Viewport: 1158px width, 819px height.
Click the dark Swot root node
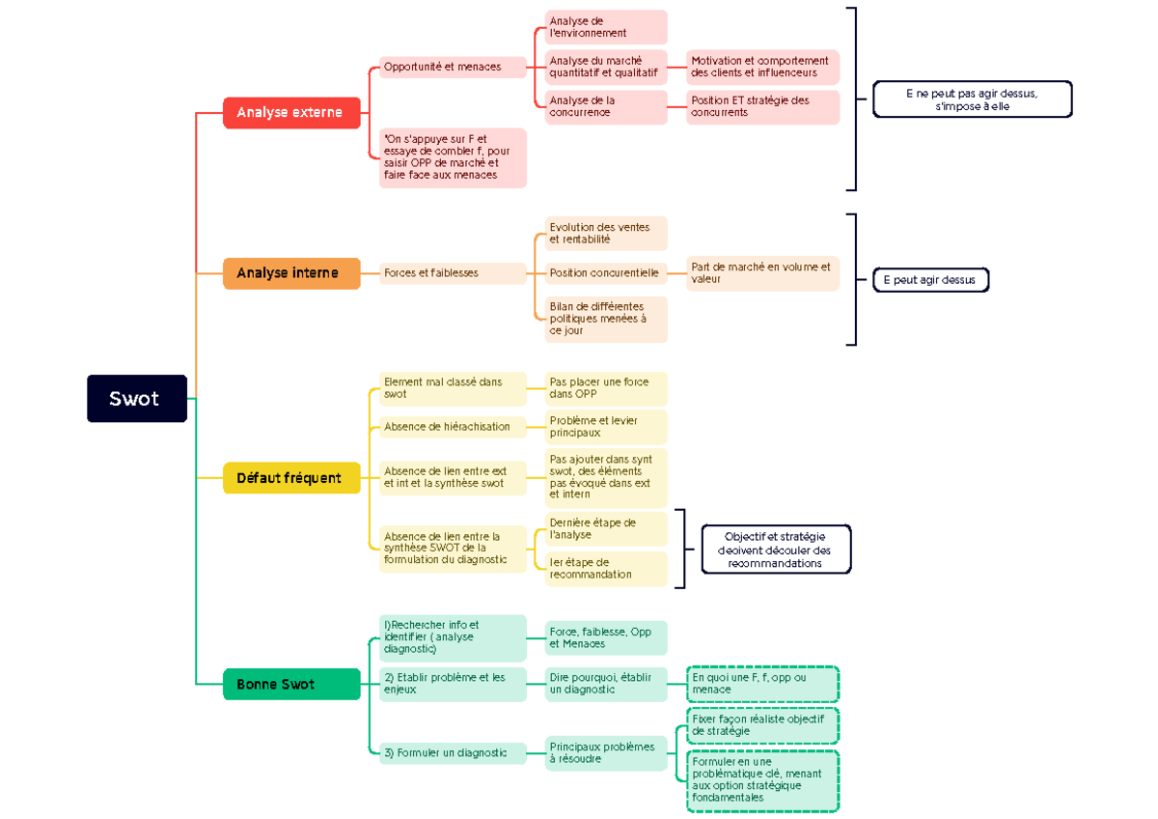(x=136, y=399)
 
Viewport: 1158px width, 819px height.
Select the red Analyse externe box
(x=290, y=113)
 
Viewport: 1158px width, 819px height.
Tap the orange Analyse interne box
(x=291, y=273)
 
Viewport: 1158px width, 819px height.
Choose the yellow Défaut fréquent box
(x=290, y=478)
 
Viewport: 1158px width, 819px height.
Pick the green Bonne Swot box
(x=290, y=684)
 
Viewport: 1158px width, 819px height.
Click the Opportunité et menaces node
(x=452, y=68)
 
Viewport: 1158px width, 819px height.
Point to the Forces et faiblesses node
(x=452, y=273)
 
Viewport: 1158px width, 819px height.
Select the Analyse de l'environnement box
(x=605, y=27)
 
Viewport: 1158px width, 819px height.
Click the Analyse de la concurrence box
(x=605, y=106)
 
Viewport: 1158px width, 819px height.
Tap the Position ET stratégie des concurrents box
(x=762, y=106)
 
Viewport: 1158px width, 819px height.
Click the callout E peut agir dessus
(x=930, y=280)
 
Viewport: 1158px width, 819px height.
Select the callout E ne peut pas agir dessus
(x=972, y=99)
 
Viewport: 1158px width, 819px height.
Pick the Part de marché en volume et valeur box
(x=762, y=273)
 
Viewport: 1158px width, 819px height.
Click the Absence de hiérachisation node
(x=452, y=427)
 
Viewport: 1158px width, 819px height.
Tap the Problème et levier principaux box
(x=605, y=427)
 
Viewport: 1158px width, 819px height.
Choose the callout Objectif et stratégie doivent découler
(x=776, y=550)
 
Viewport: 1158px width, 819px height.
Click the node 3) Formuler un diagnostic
(x=452, y=753)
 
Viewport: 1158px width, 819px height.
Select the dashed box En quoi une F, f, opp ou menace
(x=762, y=684)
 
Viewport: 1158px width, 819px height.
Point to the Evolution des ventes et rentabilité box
(x=605, y=234)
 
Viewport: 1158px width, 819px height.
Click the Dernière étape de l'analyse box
(x=605, y=529)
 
